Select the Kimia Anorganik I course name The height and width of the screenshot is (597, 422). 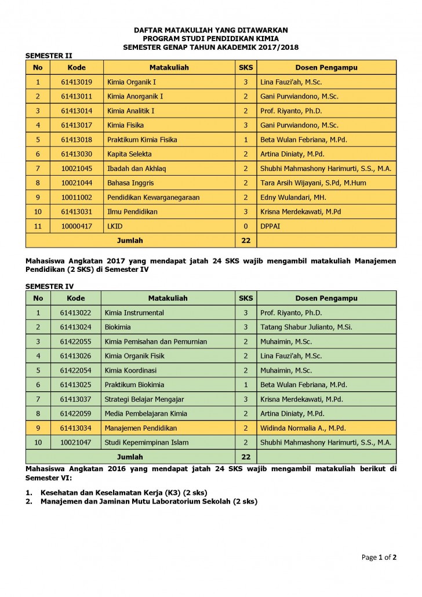pyautogui.click(x=134, y=96)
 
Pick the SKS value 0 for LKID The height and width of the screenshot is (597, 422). pyautogui.click(x=246, y=226)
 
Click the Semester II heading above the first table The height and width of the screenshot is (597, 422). pyautogui.click(x=49, y=56)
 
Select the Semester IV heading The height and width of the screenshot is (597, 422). pyautogui.click(x=49, y=286)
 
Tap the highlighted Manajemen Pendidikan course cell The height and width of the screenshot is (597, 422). pyautogui.click(x=140, y=428)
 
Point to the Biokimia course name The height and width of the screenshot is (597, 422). pyautogui.click(x=118, y=327)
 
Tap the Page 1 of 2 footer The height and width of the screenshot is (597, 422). pyautogui.click(x=379, y=558)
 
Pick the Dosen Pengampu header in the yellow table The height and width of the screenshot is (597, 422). pyautogui.click(x=326, y=67)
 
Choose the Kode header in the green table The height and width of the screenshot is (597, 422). pyautogui.click(x=75, y=298)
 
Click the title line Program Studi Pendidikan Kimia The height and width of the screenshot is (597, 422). pyautogui.click(x=210, y=38)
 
